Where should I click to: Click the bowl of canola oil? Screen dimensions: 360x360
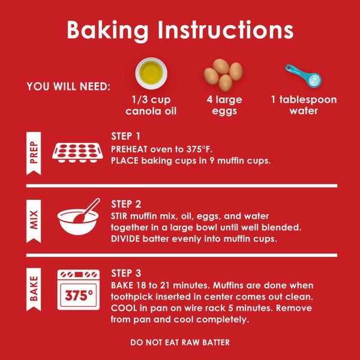tap(151, 73)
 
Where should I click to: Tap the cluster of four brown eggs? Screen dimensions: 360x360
tap(223, 75)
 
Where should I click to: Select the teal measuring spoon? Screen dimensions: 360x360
tap(304, 76)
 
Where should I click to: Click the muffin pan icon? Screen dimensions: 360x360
tap(77, 152)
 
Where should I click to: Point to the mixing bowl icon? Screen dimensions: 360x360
tap(79, 217)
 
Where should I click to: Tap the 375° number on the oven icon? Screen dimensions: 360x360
tap(79, 295)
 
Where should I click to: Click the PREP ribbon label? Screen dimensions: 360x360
tap(34, 153)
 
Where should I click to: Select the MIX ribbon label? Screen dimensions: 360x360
tap(34, 221)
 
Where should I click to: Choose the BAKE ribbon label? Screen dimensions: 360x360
tap(34, 289)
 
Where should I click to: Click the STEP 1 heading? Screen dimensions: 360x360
tap(125, 136)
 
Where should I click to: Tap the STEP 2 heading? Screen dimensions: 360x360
tap(126, 204)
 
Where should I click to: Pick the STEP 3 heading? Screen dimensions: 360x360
tap(126, 273)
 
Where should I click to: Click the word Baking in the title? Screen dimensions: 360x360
tap(107, 31)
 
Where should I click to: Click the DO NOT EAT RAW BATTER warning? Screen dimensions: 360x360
tap(180, 343)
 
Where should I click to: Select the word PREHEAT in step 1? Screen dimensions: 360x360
tap(129, 149)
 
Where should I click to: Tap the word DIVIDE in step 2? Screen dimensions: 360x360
tap(125, 239)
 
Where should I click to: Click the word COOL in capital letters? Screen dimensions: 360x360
tap(124, 308)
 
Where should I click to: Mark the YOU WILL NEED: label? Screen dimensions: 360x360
tap(68, 86)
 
